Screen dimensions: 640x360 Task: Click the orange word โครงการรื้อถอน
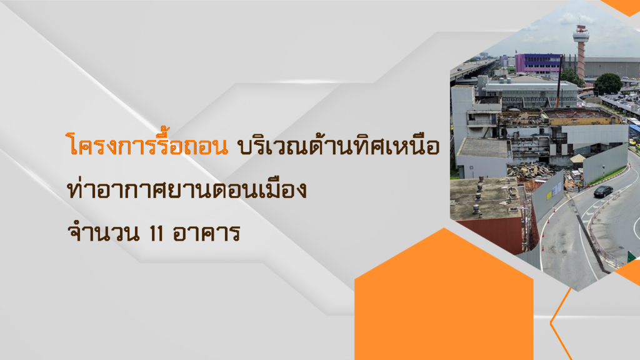coord(147,144)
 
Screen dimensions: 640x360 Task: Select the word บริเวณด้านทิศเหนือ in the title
coord(339,144)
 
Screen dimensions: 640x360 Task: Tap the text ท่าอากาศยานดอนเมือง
coord(187,189)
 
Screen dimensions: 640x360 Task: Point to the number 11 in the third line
coord(156,233)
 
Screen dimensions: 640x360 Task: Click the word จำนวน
coord(103,232)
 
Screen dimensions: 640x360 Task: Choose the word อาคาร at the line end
coord(206,233)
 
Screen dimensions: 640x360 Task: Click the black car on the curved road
coord(603,191)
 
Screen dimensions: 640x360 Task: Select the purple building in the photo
coord(538,62)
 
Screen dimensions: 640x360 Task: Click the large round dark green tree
coord(607,84)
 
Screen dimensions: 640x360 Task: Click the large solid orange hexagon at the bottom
coord(444,296)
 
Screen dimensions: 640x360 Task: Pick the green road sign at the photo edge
coord(631,257)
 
